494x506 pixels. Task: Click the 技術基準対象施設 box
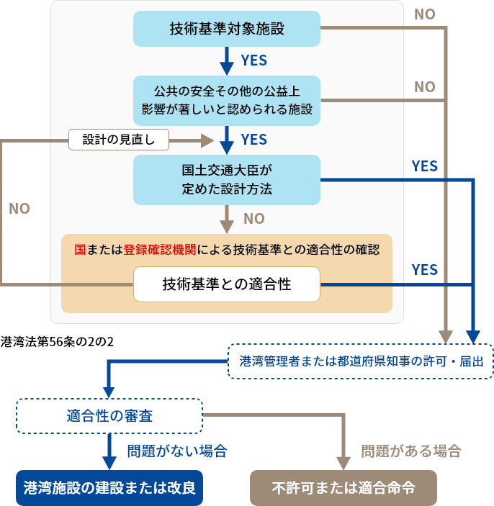pyautogui.click(x=227, y=29)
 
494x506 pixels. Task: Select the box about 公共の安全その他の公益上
pyautogui.click(x=227, y=101)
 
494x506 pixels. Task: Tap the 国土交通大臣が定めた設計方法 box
pyautogui.click(x=227, y=180)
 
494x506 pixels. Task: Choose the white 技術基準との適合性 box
pyautogui.click(x=227, y=284)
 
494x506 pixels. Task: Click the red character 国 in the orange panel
pyautogui.click(x=81, y=250)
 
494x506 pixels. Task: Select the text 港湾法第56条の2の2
pyautogui.click(x=58, y=341)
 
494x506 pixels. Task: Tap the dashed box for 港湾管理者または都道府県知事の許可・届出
pyautogui.click(x=361, y=361)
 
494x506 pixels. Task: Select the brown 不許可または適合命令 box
pyautogui.click(x=343, y=487)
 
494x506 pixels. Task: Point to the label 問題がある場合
pyautogui.click(x=410, y=452)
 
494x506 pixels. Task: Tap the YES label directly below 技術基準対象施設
pyautogui.click(x=253, y=60)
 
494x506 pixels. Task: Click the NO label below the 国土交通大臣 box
pyautogui.click(x=253, y=218)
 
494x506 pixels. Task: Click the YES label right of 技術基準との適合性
pyautogui.click(x=424, y=269)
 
